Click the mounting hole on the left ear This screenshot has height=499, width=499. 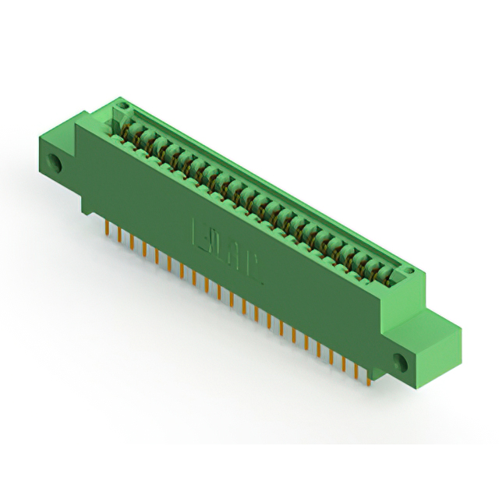[x=55, y=164]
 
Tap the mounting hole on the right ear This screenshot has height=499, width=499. [x=402, y=363]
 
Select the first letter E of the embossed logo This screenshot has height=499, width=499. [x=200, y=232]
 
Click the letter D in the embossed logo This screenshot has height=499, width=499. [x=218, y=243]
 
